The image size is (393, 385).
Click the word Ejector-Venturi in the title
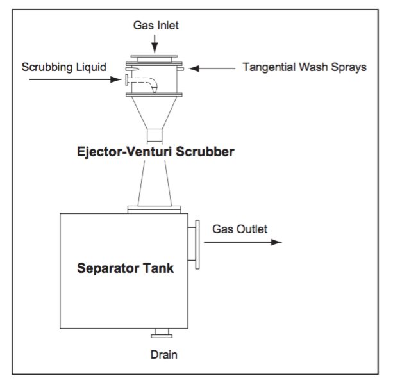[x=119, y=154]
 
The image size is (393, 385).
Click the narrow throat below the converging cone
[x=155, y=136]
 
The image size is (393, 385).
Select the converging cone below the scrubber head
[x=155, y=113]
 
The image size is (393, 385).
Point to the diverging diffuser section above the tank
[x=155, y=183]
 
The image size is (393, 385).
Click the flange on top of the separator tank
[x=155, y=208]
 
